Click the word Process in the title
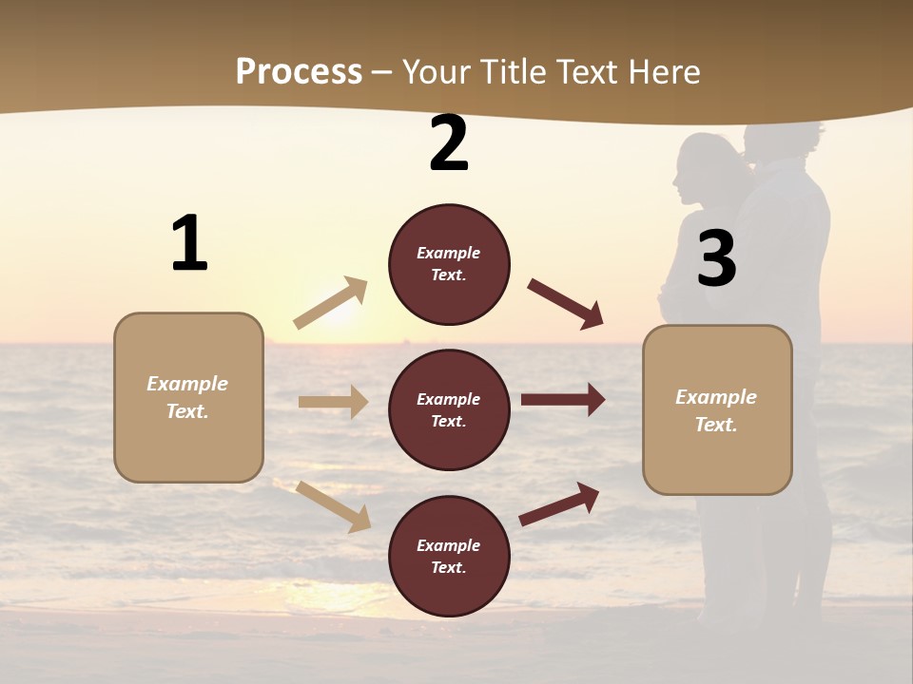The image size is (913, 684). [299, 71]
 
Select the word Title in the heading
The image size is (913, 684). [510, 71]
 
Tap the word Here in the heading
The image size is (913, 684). [664, 71]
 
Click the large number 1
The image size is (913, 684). [189, 244]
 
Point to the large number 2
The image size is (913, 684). [449, 144]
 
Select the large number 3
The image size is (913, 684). [716, 259]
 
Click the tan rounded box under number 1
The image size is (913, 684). [188, 397]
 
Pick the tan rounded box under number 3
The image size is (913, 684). [717, 410]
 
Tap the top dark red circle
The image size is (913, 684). [449, 264]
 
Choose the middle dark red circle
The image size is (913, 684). [449, 410]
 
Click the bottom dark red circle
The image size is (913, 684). [449, 557]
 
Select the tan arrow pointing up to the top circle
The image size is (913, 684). [331, 303]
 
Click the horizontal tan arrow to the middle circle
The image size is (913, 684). [333, 402]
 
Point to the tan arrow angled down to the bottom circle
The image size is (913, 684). [333, 505]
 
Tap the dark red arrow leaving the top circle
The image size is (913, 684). [565, 303]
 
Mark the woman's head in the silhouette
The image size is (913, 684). [704, 166]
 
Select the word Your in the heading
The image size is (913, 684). [437, 71]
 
